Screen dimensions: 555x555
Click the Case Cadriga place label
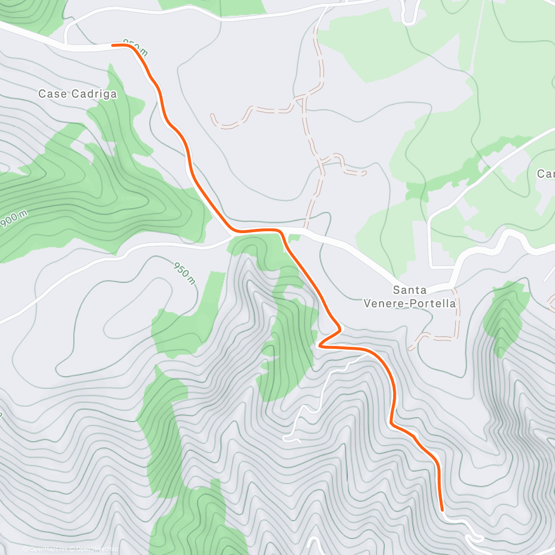point(77,94)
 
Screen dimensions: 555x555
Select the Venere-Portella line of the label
point(410,304)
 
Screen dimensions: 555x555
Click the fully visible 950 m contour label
point(185,273)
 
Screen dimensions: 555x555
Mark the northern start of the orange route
point(113,45)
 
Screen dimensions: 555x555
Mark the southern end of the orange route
point(443,510)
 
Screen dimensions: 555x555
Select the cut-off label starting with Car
point(546,174)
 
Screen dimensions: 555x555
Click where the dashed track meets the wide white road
point(305,228)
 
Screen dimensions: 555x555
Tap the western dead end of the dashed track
point(212,115)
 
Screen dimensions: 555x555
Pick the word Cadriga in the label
point(96,94)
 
